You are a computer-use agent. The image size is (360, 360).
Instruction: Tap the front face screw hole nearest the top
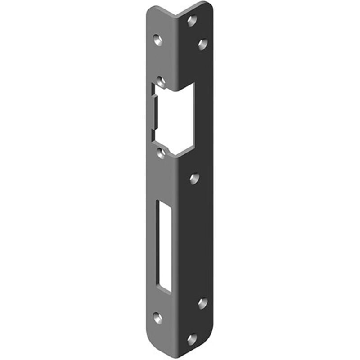pyautogui.click(x=157, y=40)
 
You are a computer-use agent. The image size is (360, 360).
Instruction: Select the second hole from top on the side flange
pyautogui.click(x=202, y=44)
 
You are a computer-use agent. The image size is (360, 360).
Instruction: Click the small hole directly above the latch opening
pyautogui.click(x=162, y=82)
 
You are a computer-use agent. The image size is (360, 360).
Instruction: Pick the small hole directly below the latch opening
pyautogui.click(x=161, y=153)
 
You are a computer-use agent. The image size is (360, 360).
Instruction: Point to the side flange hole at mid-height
pyautogui.click(x=194, y=179)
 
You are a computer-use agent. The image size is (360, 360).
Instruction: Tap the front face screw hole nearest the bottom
pyautogui.click(x=157, y=318)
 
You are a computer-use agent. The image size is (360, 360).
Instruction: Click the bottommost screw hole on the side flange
pyautogui.click(x=192, y=338)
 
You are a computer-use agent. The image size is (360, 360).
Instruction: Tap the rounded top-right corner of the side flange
pyautogui.click(x=209, y=5)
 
